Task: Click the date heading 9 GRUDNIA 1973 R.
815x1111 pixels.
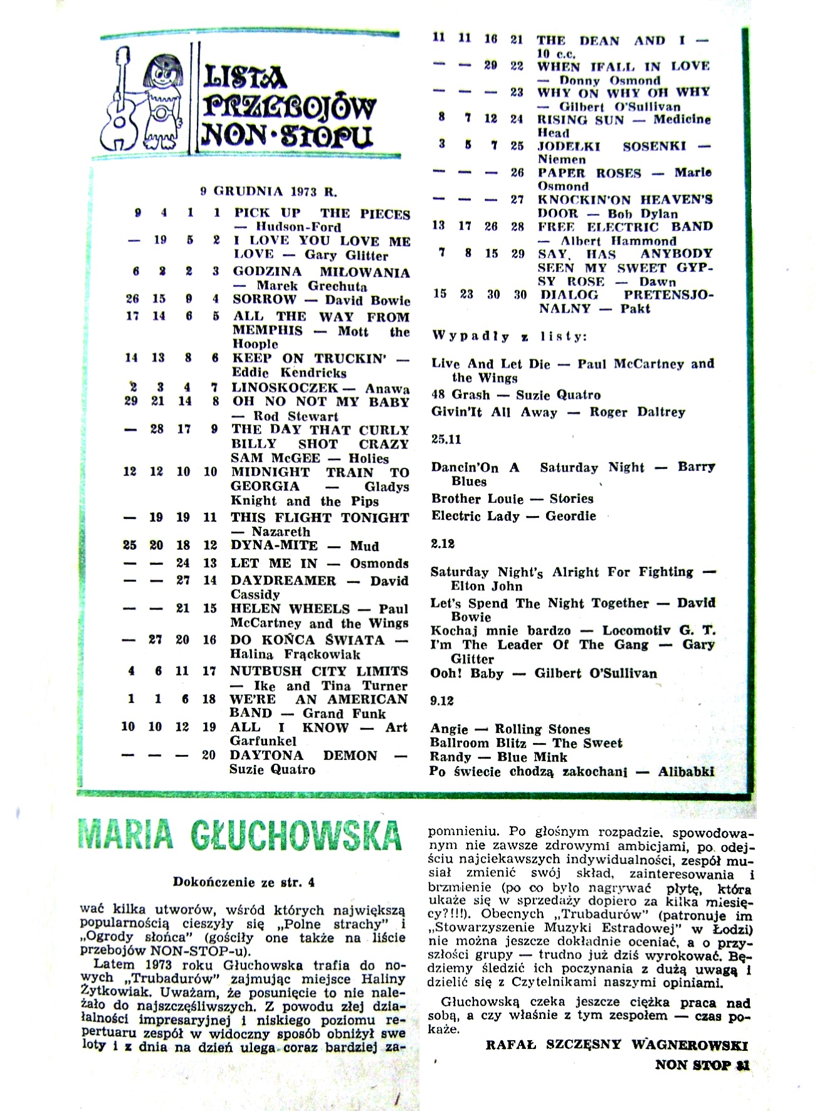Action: click(268, 192)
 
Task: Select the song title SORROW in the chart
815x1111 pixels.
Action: click(264, 300)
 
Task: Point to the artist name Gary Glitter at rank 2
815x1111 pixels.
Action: click(347, 255)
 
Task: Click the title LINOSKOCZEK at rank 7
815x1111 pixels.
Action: click(285, 388)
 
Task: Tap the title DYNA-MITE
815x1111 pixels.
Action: click(274, 545)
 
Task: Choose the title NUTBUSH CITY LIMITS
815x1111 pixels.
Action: click(319, 671)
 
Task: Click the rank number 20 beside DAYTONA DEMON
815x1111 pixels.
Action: click(209, 755)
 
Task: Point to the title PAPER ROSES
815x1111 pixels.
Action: click(589, 173)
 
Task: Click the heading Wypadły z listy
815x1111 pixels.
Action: click(509, 336)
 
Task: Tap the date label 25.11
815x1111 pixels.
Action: click(446, 440)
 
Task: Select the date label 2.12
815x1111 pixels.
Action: click(443, 544)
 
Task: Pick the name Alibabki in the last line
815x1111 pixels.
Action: click(686, 772)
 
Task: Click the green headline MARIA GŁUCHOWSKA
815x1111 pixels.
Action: click(240, 835)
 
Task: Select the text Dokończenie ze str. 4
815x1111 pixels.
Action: click(244, 883)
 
